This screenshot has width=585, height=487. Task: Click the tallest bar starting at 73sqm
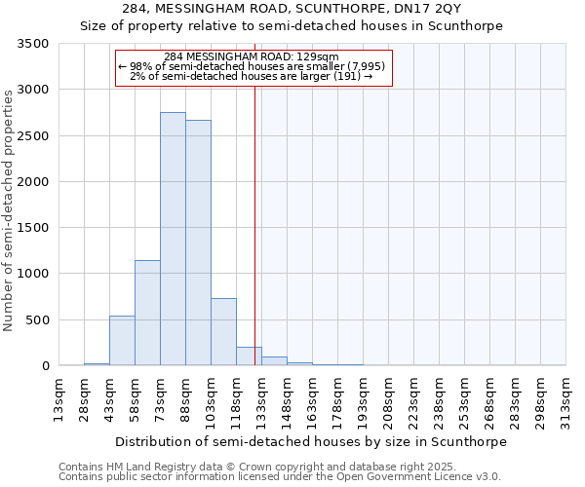coord(173,239)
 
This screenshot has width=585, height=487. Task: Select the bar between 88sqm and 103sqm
coord(198,243)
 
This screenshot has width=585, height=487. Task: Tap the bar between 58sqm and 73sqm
coord(147,313)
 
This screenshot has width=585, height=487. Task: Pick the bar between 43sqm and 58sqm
coord(122,341)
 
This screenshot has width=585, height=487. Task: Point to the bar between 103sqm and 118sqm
coord(223,332)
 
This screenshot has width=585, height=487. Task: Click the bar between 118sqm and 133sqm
coord(249,356)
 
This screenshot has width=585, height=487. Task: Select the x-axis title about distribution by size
coord(311,441)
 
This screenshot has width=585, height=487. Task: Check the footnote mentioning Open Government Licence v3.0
coord(280,477)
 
